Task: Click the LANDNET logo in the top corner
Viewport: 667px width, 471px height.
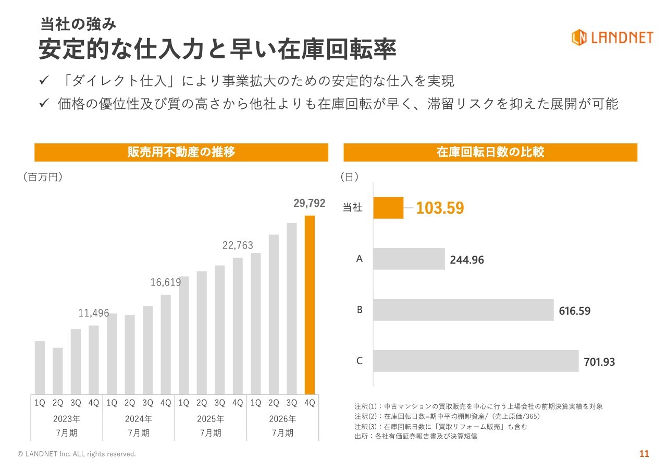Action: pyautogui.click(x=612, y=38)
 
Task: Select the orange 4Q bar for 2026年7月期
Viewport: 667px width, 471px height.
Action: pyautogui.click(x=310, y=305)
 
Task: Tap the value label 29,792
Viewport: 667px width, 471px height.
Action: pyautogui.click(x=310, y=203)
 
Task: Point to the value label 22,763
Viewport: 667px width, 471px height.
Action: pyautogui.click(x=238, y=245)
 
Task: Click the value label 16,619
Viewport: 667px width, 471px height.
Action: pyautogui.click(x=166, y=282)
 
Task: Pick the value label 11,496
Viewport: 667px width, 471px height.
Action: pyautogui.click(x=93, y=313)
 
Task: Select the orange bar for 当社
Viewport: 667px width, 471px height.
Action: pyautogui.click(x=388, y=208)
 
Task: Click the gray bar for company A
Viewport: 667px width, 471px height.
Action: pyautogui.click(x=409, y=259)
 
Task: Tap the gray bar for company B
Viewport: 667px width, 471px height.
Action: pyautogui.click(x=463, y=310)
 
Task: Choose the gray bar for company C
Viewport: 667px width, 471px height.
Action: pyautogui.click(x=476, y=361)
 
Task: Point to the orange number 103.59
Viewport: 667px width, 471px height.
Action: pyautogui.click(x=440, y=208)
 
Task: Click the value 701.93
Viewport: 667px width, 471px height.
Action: pyautogui.click(x=599, y=362)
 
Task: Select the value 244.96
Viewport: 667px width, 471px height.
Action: pyautogui.click(x=467, y=260)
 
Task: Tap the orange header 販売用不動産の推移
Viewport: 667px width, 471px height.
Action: pyautogui.click(x=181, y=152)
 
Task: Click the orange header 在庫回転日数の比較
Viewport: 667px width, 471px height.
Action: pyautogui.click(x=490, y=152)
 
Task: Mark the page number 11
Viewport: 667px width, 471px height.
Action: pyautogui.click(x=644, y=454)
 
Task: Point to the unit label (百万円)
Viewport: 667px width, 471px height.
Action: pyautogui.click(x=43, y=177)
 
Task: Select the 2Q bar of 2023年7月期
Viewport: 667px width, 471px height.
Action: pyautogui.click(x=58, y=371)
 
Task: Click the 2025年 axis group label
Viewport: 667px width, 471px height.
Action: pyautogui.click(x=211, y=419)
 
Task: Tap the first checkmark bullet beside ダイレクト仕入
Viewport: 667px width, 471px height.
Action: pyautogui.click(x=44, y=80)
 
